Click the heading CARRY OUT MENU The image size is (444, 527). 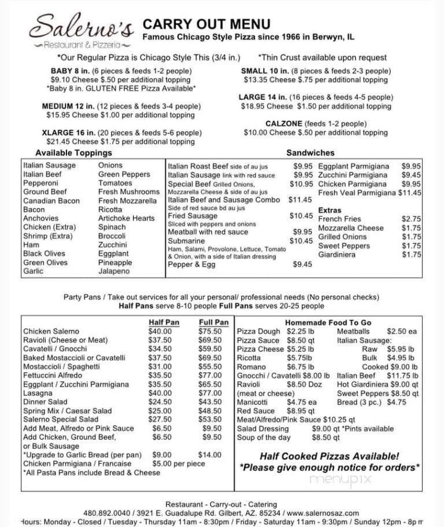tap(206, 24)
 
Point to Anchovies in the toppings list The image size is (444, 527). tap(40, 218)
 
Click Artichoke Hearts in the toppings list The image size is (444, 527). tap(126, 218)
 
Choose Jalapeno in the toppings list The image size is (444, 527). tap(114, 271)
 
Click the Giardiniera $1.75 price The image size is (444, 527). tap(411, 254)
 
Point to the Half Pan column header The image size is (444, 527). tap(164, 322)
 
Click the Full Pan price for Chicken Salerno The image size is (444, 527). tap(210, 332)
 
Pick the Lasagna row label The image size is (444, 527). tap(38, 393)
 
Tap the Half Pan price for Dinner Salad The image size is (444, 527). tap(160, 402)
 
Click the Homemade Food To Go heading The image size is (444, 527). tap(328, 322)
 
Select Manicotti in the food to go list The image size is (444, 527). tap(253, 402)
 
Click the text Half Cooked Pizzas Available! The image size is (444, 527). tap(329, 456)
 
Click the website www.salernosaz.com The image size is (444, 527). tap(323, 513)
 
